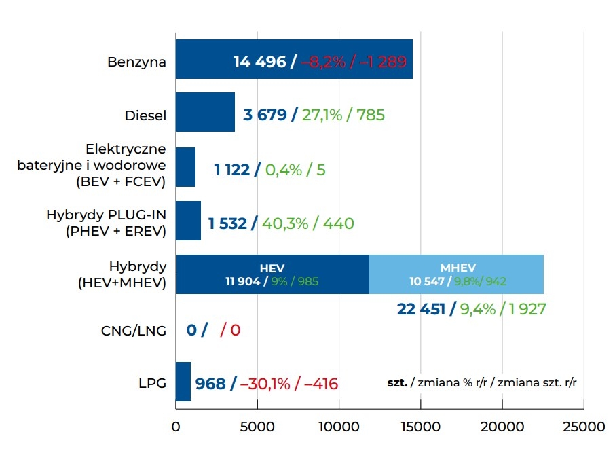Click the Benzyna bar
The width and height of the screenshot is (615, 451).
204,59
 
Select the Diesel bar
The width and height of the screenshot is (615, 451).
205,113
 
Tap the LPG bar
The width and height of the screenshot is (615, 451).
183,382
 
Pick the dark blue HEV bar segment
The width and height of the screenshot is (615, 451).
272,274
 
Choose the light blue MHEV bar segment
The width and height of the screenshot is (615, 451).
456,274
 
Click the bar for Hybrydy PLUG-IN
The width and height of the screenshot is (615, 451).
188,221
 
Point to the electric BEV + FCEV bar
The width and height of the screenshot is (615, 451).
185,167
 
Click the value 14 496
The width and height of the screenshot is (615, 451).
259,62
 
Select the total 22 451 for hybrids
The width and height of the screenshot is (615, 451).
421,309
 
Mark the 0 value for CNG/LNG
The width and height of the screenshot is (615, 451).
191,331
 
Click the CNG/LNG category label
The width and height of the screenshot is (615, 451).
133,331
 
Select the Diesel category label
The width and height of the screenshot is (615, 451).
145,115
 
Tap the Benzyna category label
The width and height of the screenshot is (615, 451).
136,62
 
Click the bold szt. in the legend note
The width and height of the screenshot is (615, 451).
397,383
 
